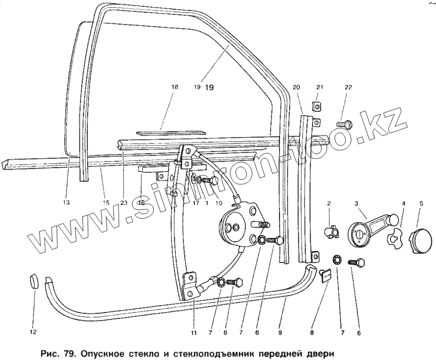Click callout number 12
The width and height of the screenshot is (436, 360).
coord(33,332)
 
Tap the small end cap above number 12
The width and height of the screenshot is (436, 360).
coord(33,281)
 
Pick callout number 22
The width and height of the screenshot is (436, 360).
coord(348,88)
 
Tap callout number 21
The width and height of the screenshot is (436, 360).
coord(318,88)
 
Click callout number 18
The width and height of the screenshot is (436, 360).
coord(174,88)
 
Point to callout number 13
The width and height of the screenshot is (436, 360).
coord(66,203)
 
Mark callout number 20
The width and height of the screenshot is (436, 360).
coord(296,88)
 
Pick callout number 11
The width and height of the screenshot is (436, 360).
coord(194,333)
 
